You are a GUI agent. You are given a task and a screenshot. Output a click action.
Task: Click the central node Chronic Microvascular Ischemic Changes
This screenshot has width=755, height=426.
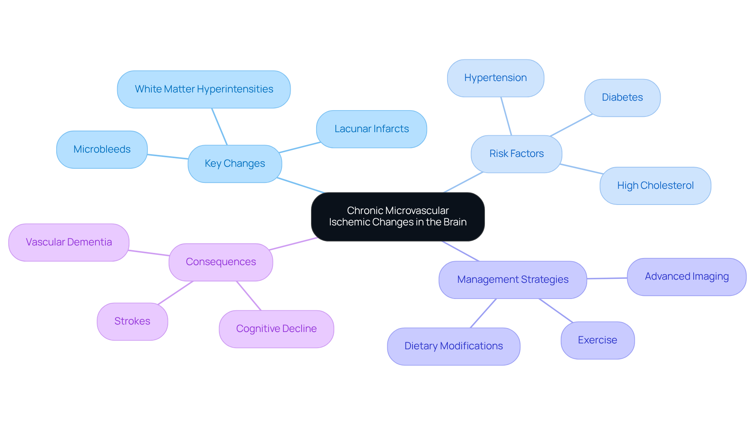pyautogui.click(x=398, y=217)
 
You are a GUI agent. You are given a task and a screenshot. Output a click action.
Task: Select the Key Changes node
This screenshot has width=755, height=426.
pyautogui.click(x=235, y=164)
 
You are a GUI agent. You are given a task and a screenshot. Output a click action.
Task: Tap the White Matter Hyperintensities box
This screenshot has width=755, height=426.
pyautogui.click(x=204, y=89)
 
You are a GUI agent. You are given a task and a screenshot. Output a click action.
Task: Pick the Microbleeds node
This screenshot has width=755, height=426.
pyautogui.click(x=102, y=149)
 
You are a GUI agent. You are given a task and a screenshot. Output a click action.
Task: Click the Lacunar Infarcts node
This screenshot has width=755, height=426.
pyautogui.click(x=371, y=129)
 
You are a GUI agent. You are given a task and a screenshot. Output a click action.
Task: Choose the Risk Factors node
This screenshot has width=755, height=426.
pyautogui.click(x=516, y=154)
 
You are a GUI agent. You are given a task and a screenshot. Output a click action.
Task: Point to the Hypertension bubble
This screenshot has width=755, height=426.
pyautogui.click(x=495, y=78)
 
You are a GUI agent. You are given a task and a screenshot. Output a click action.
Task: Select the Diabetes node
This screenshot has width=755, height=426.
pyautogui.click(x=622, y=98)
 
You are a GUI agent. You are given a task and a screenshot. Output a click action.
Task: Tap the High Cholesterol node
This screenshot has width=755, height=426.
pyautogui.click(x=655, y=186)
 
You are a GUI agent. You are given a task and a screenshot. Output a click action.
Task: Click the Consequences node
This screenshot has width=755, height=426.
pyautogui.click(x=221, y=262)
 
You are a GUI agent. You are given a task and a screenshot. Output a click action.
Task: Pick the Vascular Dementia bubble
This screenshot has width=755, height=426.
pyautogui.click(x=69, y=242)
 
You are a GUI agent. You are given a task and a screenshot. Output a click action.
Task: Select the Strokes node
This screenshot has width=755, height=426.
pyautogui.click(x=132, y=321)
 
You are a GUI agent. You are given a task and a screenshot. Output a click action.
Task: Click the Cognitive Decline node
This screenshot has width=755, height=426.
pyautogui.click(x=276, y=329)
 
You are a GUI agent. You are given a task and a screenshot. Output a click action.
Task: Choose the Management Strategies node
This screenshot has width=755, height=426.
pyautogui.click(x=512, y=280)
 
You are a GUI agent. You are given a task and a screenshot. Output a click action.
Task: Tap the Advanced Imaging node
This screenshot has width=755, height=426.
pyautogui.click(x=687, y=277)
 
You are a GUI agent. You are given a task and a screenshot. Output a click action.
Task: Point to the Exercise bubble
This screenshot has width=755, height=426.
pyautogui.click(x=597, y=340)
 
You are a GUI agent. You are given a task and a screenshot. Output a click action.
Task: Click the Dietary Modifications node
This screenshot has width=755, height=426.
pyautogui.click(x=453, y=346)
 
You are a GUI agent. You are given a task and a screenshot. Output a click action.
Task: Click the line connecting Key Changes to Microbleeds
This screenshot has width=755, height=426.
pyautogui.click(x=168, y=157)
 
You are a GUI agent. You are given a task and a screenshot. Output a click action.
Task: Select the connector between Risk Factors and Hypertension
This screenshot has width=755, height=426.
pyautogui.click(x=506, y=116)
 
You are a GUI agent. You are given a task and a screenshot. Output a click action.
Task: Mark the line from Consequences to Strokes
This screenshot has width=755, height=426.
pyautogui.click(x=175, y=293)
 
